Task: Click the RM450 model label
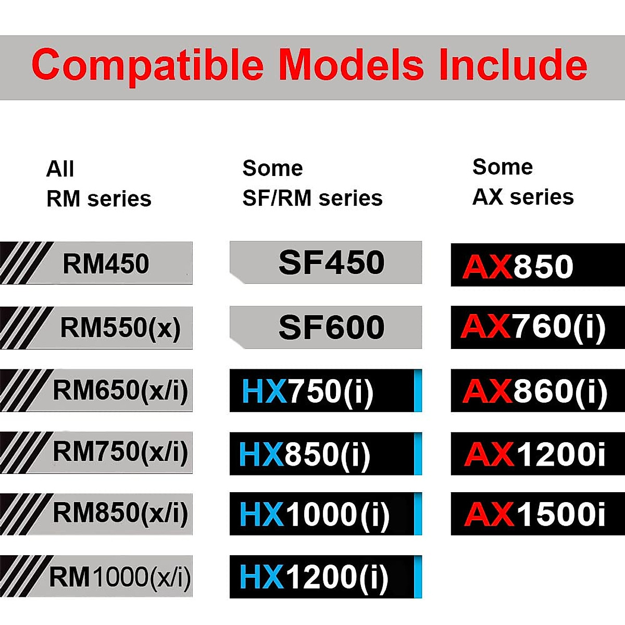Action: [106, 264]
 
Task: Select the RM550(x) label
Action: [120, 328]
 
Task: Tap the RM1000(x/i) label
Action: [120, 577]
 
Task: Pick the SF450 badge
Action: [331, 262]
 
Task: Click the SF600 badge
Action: [331, 328]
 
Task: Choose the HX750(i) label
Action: [307, 391]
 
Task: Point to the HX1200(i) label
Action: [314, 577]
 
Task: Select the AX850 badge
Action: [518, 266]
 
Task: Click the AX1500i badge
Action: [535, 514]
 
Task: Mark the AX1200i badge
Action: [535, 454]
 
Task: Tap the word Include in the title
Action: [512, 65]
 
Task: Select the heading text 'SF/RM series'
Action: [312, 198]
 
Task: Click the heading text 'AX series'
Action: [523, 197]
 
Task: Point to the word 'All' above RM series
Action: [60, 169]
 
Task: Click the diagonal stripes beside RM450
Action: [23, 263]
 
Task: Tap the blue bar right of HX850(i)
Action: [417, 454]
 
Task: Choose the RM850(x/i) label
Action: [120, 513]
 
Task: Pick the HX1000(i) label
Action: [314, 515]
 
